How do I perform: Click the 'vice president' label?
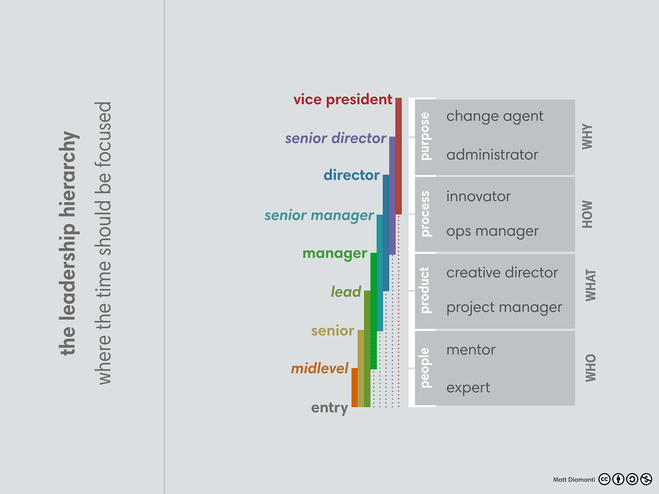(343, 100)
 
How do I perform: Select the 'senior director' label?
(336, 138)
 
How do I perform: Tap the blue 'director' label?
(351, 175)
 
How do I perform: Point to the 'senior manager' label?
(319, 216)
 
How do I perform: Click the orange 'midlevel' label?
(320, 368)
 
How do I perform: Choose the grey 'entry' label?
(329, 408)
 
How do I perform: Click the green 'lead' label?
(346, 292)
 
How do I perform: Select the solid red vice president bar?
(398, 155)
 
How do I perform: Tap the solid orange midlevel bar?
(354, 387)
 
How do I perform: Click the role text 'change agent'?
(495, 116)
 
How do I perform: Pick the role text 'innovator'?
(478, 196)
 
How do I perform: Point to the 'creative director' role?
(502, 273)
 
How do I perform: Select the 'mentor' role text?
(471, 350)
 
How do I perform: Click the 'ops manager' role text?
(492, 232)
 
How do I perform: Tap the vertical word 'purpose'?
(425, 136)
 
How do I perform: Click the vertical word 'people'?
(425, 368)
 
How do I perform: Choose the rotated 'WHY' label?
(587, 137)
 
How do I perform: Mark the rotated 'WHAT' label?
(590, 285)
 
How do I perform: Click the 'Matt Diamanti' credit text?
(574, 479)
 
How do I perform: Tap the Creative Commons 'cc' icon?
(604, 479)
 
